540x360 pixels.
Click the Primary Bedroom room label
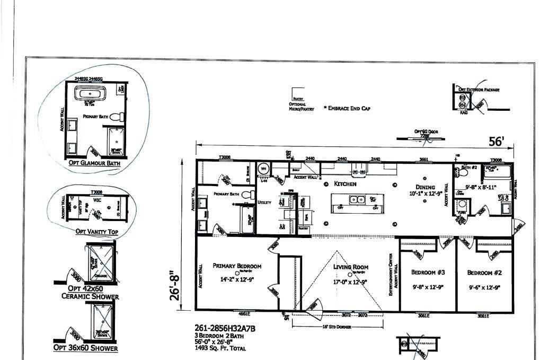coord(237,266)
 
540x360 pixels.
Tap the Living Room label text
coord(351,268)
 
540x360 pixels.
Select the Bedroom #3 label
coord(428,272)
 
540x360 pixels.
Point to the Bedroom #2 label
coord(484,273)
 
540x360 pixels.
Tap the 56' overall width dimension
coord(496,142)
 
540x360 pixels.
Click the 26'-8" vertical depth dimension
coord(175,287)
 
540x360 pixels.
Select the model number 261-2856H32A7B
coord(224,329)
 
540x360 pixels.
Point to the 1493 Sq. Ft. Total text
coord(221,348)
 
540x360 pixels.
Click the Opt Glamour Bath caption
coord(94,163)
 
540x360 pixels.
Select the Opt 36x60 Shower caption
coord(85,348)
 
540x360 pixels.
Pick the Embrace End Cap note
coord(347,108)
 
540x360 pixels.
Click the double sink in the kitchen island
coord(357,200)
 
